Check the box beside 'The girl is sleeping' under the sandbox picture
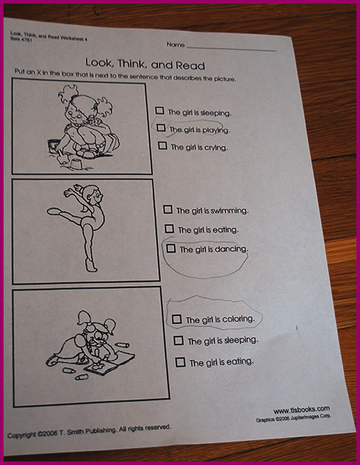click(160, 110)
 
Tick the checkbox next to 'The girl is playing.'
click(160, 127)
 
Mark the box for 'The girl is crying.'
click(162, 145)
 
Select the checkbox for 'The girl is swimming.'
click(167, 210)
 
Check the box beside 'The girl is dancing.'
click(170, 248)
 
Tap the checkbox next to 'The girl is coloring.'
click(177, 319)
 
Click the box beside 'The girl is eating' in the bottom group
click(180, 362)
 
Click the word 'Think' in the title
click(130, 64)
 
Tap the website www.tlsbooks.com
click(301, 410)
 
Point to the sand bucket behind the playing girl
click(53, 146)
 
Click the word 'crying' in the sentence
click(215, 147)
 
